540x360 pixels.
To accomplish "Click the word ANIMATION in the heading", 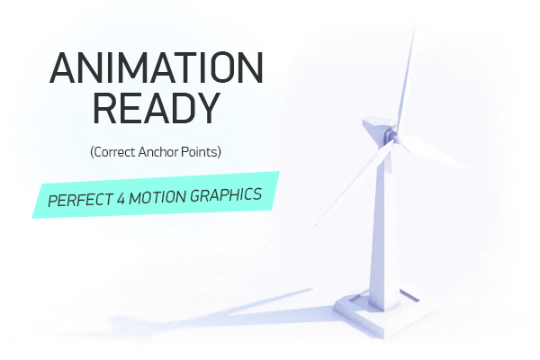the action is tap(157, 67).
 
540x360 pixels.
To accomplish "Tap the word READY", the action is tap(157, 108).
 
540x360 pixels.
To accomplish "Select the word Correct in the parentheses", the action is tap(114, 152).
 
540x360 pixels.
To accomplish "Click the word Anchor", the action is tap(158, 152).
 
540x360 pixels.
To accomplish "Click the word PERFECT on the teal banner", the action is tap(81, 200).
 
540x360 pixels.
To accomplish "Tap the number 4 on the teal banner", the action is tap(121, 199).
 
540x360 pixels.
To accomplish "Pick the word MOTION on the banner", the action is tap(157, 197).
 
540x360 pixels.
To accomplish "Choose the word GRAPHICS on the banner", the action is tap(226, 195).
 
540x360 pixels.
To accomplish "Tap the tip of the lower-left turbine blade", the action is tap(316, 225).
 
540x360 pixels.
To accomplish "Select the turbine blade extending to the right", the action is tap(433, 151).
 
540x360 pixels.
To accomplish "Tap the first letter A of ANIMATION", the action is tap(62, 67).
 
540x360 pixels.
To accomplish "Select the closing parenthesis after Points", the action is tap(220, 152).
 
